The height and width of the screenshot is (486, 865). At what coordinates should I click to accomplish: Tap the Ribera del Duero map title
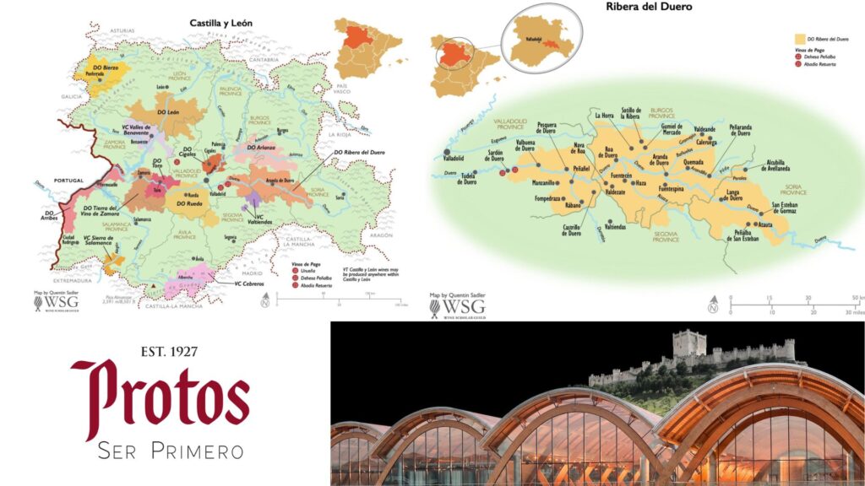coord(649,7)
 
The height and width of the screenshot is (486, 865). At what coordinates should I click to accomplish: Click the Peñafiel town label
coord(580,169)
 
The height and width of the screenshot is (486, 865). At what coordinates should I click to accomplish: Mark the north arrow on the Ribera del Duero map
coord(715,300)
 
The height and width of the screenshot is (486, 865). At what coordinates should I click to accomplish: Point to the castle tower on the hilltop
coord(689,343)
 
